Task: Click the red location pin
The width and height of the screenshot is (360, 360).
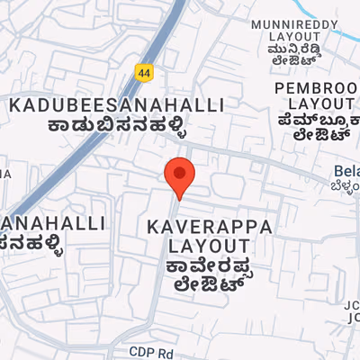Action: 180,174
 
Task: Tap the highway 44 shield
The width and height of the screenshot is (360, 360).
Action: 143,70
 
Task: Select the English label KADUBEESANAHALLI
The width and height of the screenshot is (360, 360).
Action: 116,105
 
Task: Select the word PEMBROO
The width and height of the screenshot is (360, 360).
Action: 316,88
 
